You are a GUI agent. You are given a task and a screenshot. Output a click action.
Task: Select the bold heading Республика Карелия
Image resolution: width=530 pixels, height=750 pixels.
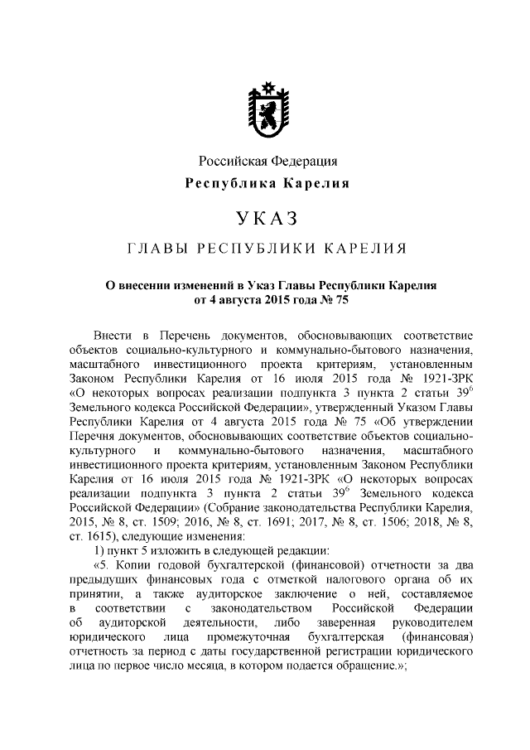pyautogui.click(x=266, y=183)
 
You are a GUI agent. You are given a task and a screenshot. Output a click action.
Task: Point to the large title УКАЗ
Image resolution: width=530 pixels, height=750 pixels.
pyautogui.click(x=266, y=219)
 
